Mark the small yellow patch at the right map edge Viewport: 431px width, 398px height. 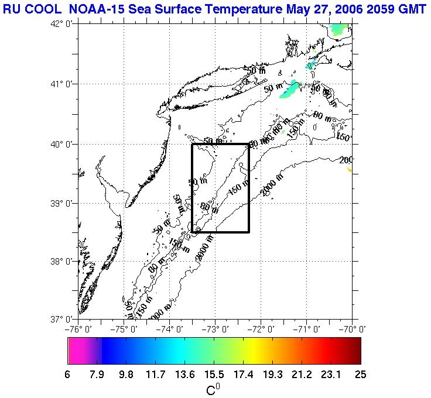349,170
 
